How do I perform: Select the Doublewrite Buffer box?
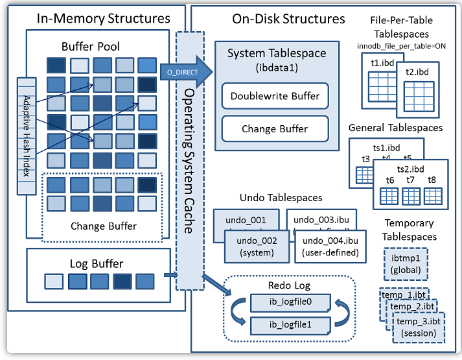pyautogui.click(x=275, y=96)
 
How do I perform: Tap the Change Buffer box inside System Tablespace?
pyautogui.click(x=275, y=129)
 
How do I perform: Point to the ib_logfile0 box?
pyautogui.click(x=290, y=303)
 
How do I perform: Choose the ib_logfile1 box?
pyautogui.click(x=290, y=325)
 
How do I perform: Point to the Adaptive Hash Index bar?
pyautogui.click(x=27, y=136)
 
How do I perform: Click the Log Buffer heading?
pyautogui.click(x=97, y=263)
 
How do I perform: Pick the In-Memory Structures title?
pyautogui.click(x=95, y=19)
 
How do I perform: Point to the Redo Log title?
pyautogui.click(x=290, y=285)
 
